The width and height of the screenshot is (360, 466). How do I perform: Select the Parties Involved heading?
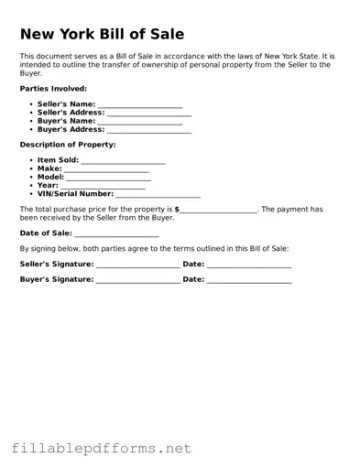click(x=54, y=89)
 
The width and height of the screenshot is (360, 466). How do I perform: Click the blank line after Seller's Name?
click(x=139, y=105)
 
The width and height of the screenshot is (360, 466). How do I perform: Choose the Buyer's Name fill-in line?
click(x=139, y=122)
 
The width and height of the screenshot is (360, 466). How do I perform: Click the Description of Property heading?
click(x=68, y=145)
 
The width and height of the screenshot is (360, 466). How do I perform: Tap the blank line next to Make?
click(x=105, y=169)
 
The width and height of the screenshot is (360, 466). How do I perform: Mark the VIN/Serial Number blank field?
click(x=158, y=194)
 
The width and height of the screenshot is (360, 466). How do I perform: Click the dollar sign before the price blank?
click(x=177, y=210)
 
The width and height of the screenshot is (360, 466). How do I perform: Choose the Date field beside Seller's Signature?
click(x=249, y=265)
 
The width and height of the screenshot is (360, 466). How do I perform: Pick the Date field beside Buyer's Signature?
click(x=249, y=280)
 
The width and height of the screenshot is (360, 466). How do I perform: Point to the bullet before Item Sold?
click(x=32, y=160)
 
